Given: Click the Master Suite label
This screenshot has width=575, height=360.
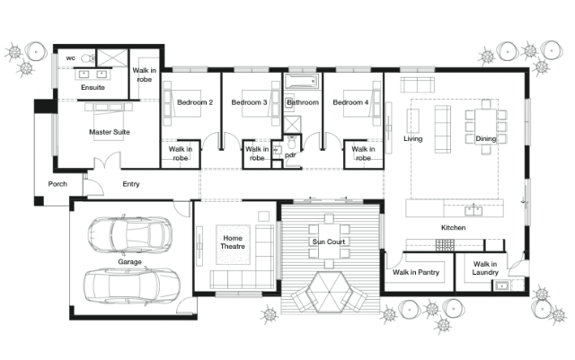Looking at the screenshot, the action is click(110, 132).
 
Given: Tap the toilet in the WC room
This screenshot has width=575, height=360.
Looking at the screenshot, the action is click(88, 58).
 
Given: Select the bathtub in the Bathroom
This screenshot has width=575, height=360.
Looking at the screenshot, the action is click(302, 81).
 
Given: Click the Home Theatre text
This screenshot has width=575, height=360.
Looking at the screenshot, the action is click(233, 242).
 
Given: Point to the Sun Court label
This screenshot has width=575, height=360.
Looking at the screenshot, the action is click(329, 241).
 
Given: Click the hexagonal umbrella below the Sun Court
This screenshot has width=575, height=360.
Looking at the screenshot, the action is click(330, 292).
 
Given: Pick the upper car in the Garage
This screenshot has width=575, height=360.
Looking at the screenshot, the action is click(129, 233).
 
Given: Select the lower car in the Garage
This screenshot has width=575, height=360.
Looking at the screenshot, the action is click(132, 285).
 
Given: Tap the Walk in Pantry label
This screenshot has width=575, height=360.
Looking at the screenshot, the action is click(416, 272).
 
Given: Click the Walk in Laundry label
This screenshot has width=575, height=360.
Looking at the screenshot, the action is click(485, 268).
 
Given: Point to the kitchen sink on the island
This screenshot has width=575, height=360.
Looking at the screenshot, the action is click(473, 210).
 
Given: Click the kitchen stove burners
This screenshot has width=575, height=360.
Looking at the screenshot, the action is click(445, 244).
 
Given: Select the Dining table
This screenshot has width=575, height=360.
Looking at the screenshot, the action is click(486, 127).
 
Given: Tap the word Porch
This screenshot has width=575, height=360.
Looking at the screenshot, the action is click(57, 184).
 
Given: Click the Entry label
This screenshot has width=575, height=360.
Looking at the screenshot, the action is click(131, 184).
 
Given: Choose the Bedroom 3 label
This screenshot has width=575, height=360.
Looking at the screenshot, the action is click(249, 102).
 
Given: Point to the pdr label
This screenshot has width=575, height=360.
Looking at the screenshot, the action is click(290, 155).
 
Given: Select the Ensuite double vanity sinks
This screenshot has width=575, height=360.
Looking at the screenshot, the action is click(93, 75).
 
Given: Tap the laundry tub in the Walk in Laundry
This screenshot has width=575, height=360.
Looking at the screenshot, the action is click(501, 285).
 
